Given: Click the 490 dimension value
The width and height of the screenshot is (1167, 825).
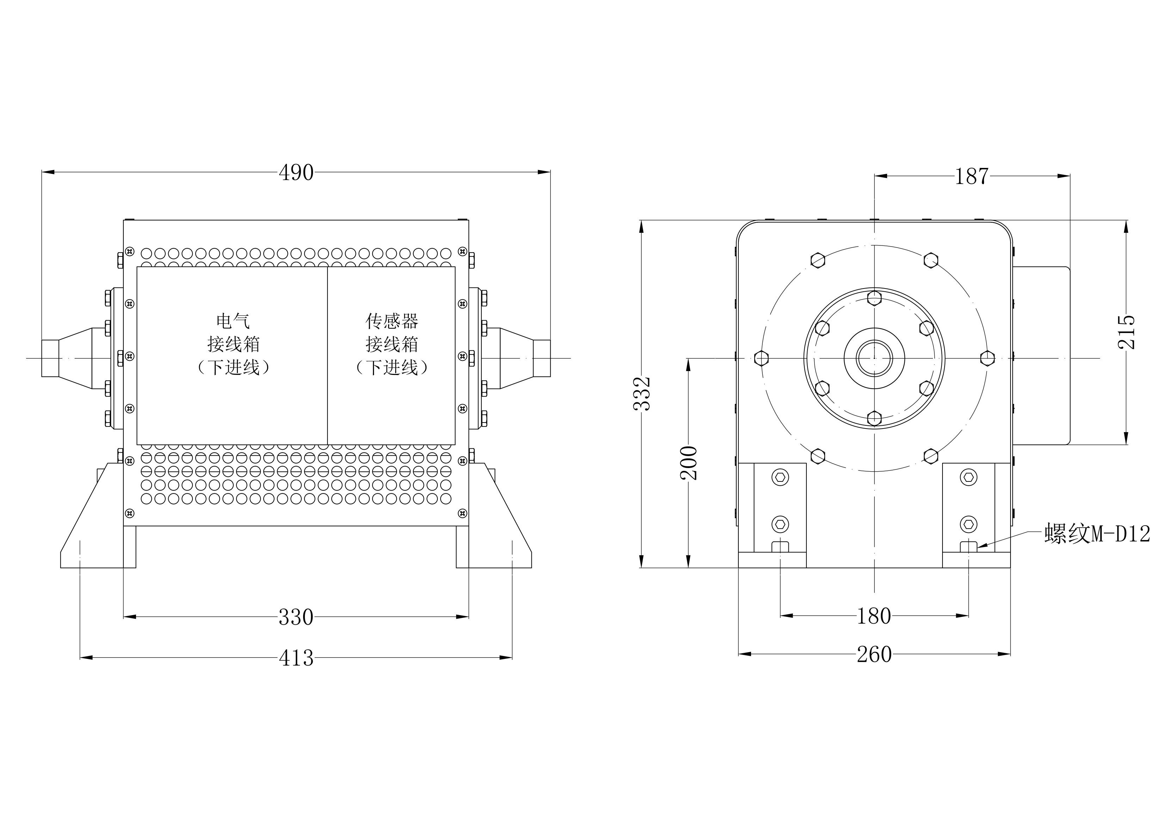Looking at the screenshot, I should point(296,173).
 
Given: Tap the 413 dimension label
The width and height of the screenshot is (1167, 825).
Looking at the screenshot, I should point(296,658).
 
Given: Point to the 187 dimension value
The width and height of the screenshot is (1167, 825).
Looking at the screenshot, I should point(971,176).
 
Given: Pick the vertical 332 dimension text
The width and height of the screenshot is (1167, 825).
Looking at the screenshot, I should point(643,394).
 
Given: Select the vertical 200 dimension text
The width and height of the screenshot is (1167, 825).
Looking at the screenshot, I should point(689,463).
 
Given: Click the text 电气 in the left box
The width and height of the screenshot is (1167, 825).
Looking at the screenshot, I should point(233,321).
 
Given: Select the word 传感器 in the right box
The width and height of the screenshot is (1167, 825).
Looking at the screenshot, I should point(392,321).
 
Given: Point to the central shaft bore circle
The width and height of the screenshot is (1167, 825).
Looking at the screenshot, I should point(874,358).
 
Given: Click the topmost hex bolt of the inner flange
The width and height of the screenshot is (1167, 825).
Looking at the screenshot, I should point(874,298).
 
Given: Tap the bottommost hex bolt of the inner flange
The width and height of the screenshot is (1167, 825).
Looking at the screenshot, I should point(874,418).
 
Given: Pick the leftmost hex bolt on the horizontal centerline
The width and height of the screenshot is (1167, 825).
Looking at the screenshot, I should point(761,358).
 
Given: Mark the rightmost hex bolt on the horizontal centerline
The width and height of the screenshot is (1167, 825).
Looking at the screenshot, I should point(987,358).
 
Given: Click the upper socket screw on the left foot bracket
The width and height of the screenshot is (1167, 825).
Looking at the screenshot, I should point(780,477).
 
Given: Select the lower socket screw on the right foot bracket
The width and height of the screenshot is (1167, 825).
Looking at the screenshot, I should point(969,524).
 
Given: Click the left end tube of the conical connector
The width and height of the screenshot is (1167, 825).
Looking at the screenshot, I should point(50,358).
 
